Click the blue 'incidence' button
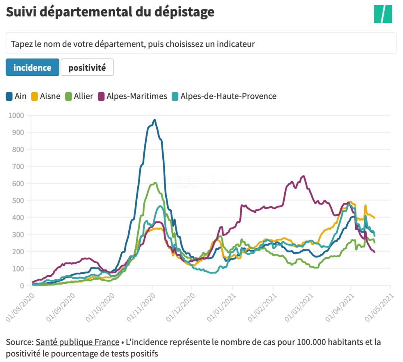point(32,68)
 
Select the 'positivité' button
point(87,68)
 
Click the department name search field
point(201,44)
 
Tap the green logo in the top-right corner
point(383,14)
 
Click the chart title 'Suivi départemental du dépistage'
point(110,12)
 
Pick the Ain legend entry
point(16,96)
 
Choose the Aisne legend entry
point(46,96)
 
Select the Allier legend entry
point(79,96)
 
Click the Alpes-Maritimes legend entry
point(132,96)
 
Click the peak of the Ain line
point(154,120)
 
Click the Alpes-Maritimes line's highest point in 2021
point(303,176)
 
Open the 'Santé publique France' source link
point(77,342)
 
